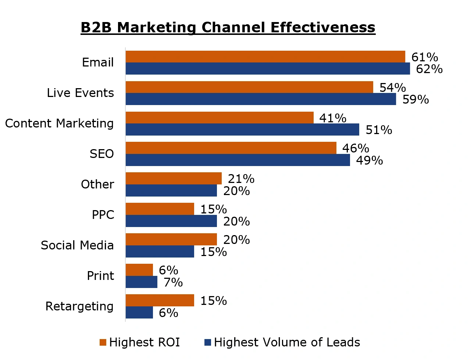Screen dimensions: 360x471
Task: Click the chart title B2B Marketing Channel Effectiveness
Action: [228, 28]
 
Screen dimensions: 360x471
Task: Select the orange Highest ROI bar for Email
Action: [265, 57]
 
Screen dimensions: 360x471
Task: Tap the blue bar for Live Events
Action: [261, 99]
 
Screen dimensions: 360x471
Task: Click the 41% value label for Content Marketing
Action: [333, 118]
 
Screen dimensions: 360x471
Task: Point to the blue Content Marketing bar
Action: [242, 130]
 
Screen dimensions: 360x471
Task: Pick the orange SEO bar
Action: [231, 148]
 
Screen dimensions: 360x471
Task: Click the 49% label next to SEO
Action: [369, 161]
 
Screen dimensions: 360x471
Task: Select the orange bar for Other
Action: [174, 179]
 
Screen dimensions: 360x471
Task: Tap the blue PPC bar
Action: [171, 221]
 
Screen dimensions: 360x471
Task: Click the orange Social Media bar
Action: [171, 240]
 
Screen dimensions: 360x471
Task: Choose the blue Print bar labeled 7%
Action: [142, 282]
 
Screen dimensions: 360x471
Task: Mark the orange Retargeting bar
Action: [160, 300]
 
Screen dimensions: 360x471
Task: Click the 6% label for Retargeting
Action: [168, 313]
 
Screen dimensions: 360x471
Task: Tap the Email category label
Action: [98, 62]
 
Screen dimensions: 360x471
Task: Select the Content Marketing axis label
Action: [60, 123]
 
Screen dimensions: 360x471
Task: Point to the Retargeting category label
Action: [79, 306]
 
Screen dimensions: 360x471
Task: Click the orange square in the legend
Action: [103, 342]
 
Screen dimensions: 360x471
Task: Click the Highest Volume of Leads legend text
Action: [287, 342]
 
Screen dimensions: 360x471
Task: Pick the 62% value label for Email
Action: [429, 69]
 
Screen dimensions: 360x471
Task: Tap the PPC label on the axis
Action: [103, 215]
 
